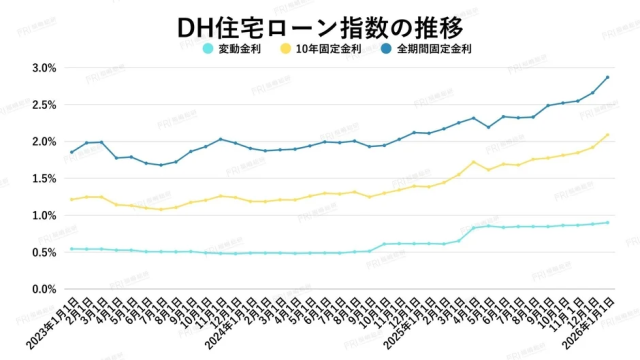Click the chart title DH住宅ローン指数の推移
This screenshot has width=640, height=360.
(x=320, y=22)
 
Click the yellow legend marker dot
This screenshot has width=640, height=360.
(x=287, y=48)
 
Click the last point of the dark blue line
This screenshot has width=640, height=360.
(x=607, y=78)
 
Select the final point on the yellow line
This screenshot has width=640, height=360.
(x=607, y=135)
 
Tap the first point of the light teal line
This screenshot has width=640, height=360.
(x=71, y=248)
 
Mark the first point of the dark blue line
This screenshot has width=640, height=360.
(x=71, y=152)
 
